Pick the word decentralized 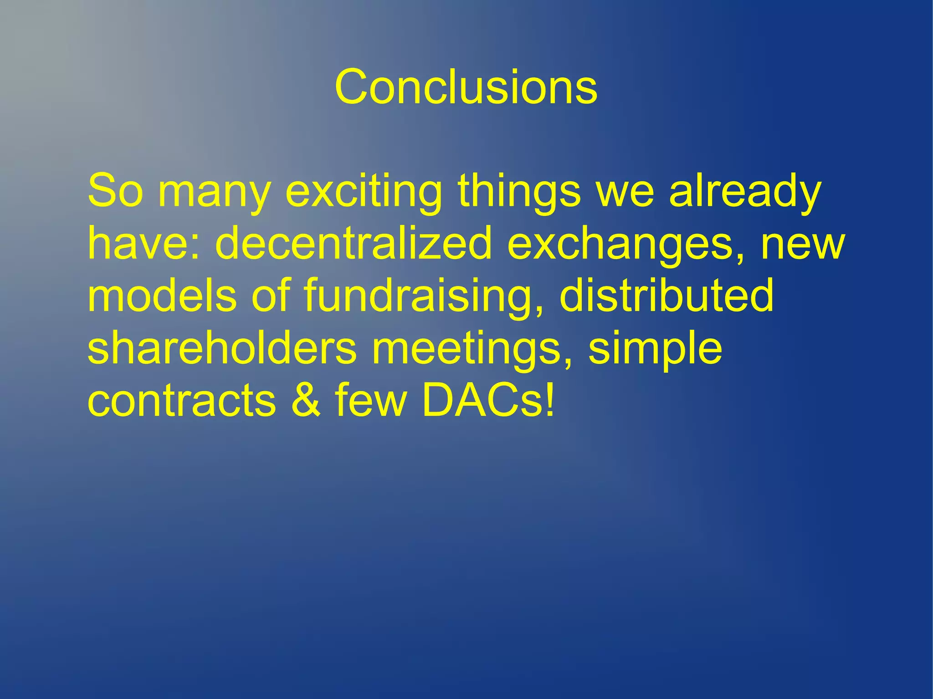[x=353, y=244]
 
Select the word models [x=162, y=296]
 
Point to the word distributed [x=666, y=296]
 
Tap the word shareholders [x=222, y=348]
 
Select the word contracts [x=181, y=401]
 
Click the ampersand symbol [x=306, y=401]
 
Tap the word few [x=370, y=401]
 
